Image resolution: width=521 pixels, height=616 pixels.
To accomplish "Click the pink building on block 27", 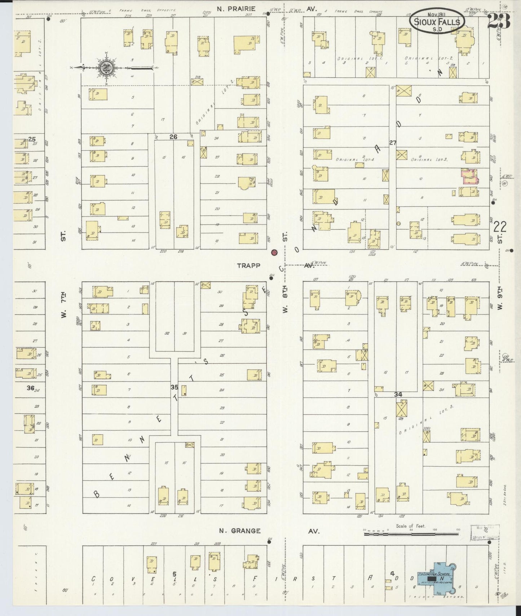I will (470, 177).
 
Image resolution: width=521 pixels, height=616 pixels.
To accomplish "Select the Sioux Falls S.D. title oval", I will (437, 21).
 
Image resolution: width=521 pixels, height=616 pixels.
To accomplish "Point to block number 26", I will (174, 137).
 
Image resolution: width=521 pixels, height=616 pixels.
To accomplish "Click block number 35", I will (175, 387).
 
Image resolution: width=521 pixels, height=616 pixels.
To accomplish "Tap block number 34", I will (398, 394).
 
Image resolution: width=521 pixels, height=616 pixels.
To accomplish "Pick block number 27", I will (393, 143).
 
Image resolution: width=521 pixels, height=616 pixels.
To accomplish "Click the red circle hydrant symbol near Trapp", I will (274, 252).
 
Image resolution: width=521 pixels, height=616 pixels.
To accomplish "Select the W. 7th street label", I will (63, 310).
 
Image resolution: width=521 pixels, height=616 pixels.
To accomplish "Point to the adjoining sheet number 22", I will (500, 227).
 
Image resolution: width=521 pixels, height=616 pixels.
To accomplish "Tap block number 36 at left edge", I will (30, 388).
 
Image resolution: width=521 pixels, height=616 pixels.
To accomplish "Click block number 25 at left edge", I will (32, 139).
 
